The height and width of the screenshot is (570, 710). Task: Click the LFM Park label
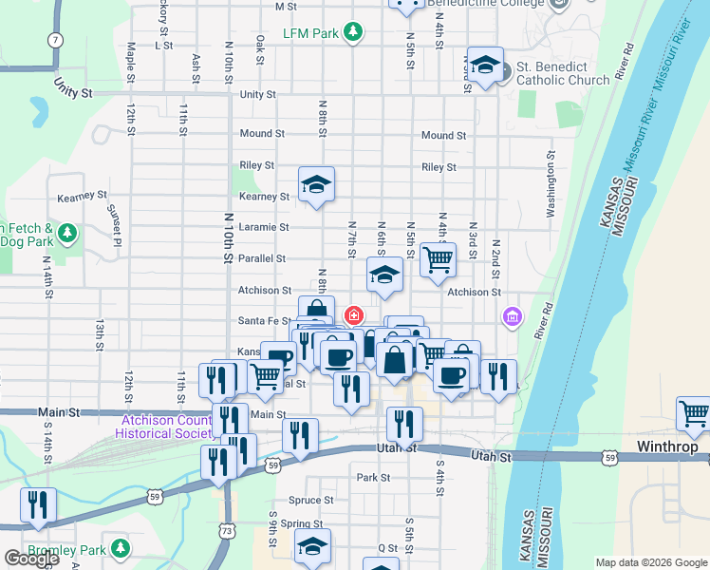click(310, 33)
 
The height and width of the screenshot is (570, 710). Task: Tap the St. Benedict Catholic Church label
click(564, 73)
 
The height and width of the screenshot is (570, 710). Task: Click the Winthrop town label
click(666, 446)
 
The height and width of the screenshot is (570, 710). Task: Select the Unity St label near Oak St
click(257, 95)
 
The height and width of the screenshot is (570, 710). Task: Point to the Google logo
click(31, 559)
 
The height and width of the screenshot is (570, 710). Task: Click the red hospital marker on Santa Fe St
click(354, 314)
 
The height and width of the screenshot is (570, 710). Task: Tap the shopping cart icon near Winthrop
click(694, 414)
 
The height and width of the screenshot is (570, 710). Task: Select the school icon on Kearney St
click(317, 183)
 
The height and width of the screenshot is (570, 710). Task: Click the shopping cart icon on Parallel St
click(438, 258)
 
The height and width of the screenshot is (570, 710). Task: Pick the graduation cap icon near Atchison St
click(383, 275)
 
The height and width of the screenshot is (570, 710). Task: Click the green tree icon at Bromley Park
click(121, 548)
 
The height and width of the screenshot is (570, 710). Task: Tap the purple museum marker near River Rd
click(513, 315)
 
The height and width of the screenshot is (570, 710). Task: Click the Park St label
click(373, 478)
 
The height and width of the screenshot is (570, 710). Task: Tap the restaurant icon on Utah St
click(405, 422)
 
